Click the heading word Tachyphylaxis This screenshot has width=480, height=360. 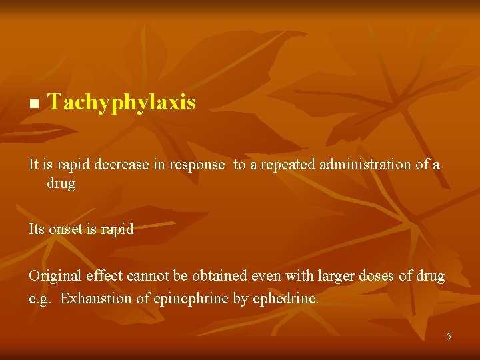(122, 103)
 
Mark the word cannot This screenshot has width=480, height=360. (146, 276)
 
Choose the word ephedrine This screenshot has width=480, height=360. (285, 299)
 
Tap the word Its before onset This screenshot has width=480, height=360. (37, 229)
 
